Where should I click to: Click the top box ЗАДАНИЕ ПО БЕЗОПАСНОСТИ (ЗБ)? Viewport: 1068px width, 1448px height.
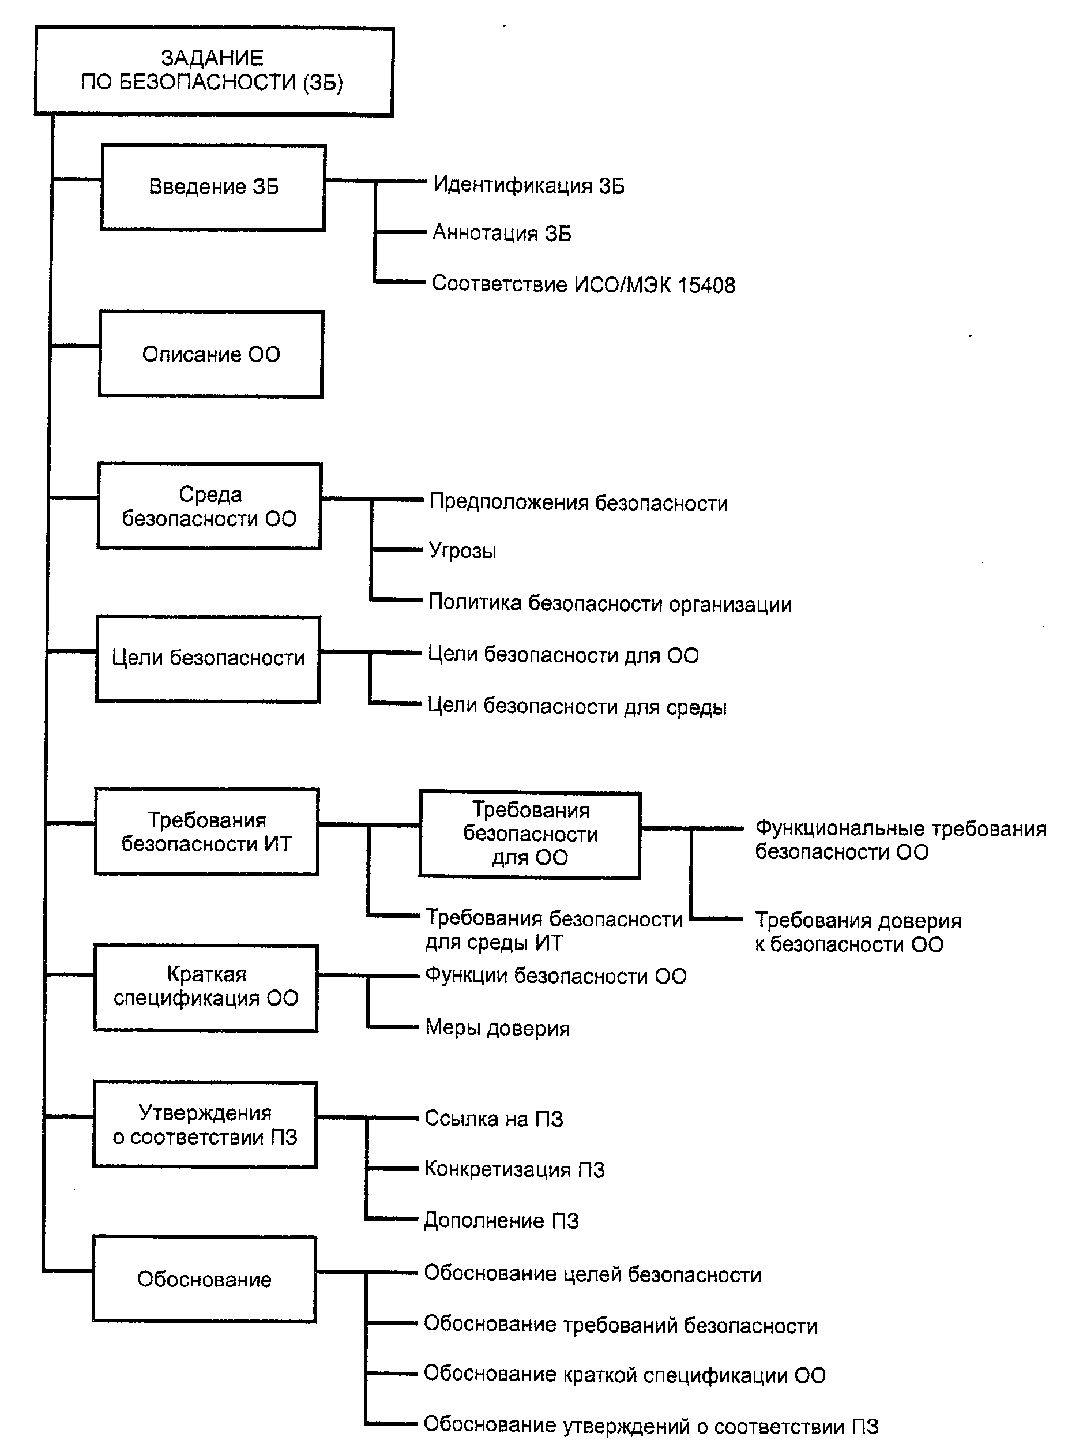(213, 71)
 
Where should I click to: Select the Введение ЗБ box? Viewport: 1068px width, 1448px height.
(213, 187)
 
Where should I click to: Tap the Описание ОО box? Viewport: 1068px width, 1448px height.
(210, 354)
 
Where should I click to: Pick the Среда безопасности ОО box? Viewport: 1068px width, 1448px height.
(209, 507)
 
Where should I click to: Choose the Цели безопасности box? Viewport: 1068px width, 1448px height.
(208, 658)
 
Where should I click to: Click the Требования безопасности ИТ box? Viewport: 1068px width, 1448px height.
(206, 832)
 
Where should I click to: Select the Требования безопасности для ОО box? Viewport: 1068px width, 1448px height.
(530, 834)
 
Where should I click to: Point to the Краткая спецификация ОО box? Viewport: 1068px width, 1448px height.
(205, 987)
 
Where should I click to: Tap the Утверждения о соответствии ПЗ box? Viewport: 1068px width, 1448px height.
(205, 1126)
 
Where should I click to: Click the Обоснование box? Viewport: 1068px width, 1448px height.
(204, 1279)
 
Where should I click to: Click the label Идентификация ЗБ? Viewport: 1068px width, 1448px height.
(528, 186)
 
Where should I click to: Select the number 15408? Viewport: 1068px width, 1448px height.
(706, 285)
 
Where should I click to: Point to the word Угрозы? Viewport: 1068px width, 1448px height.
(463, 551)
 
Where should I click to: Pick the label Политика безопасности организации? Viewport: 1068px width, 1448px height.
(610, 603)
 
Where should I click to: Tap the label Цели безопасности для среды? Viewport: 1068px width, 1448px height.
(577, 706)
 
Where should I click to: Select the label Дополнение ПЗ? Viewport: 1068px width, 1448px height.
(501, 1221)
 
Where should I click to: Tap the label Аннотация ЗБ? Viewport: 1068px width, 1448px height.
(502, 233)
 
